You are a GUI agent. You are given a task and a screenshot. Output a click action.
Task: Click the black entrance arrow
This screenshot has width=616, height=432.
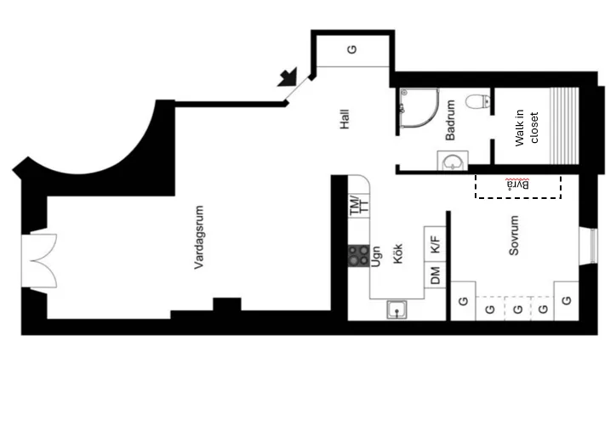click(288, 77)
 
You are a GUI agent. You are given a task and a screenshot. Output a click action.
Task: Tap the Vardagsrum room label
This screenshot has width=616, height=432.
click(199, 237)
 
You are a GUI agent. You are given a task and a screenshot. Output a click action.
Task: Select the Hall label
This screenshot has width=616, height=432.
click(345, 119)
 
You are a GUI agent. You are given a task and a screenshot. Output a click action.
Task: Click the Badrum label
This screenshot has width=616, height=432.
click(450, 120)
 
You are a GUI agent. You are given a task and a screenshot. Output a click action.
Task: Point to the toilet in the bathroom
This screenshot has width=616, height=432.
click(478, 101)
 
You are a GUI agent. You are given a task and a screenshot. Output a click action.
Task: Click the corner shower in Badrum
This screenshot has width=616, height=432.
click(419, 108)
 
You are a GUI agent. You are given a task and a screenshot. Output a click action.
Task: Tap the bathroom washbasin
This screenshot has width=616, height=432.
click(453, 161)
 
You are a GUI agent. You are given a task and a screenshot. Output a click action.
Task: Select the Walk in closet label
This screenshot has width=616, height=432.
click(527, 128)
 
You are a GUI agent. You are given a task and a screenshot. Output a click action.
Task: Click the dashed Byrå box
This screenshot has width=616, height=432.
click(518, 186)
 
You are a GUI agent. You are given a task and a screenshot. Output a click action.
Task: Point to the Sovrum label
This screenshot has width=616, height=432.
click(514, 236)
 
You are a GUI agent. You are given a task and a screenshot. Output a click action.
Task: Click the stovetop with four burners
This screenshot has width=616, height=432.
click(359, 256)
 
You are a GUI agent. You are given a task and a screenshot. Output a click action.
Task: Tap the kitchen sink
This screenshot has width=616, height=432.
click(396, 310)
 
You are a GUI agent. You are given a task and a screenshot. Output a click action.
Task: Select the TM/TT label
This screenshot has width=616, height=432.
click(359, 205)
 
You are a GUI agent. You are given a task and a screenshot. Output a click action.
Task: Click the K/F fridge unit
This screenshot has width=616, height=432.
click(435, 244)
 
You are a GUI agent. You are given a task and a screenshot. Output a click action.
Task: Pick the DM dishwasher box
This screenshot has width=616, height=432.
click(435, 275)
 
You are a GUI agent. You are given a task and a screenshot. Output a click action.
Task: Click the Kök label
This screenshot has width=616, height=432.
click(397, 253)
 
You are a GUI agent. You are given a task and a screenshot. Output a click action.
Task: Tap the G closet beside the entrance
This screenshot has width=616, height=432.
click(353, 50)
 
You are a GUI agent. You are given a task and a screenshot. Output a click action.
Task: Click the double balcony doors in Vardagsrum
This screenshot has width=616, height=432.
click(39, 261)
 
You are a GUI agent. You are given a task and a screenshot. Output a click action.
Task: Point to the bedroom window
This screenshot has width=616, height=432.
click(589, 246)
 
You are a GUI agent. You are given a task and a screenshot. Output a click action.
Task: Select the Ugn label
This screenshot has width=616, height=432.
click(375, 257)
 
